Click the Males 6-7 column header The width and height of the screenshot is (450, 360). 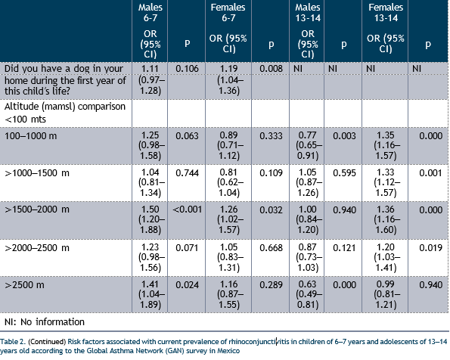tap(150, 13)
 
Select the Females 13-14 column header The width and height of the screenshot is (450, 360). tap(386, 13)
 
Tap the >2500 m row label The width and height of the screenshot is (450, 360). tap(24, 285)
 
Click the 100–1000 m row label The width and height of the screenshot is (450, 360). tap(30, 136)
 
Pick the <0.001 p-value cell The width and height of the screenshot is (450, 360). tap(187, 209)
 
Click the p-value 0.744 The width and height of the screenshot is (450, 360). tap(187, 173)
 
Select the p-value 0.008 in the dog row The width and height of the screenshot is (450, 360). tap(271, 69)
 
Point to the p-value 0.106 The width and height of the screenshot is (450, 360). tap(187, 69)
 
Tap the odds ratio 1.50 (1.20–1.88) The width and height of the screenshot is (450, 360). tap(151, 219)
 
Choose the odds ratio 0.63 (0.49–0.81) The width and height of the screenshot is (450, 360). tap(308, 294)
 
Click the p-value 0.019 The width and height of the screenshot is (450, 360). tap(430, 248)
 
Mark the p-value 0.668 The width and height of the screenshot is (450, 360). tap(271, 248)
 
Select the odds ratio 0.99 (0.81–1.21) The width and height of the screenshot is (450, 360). tap(386, 294)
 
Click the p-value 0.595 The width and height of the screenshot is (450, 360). tap(344, 173)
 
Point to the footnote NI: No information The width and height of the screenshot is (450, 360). tap(45, 322)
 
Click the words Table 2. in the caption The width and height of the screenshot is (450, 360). tap(13, 342)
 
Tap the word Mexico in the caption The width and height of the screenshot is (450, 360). tap(228, 351)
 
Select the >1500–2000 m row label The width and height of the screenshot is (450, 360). tap(37, 209)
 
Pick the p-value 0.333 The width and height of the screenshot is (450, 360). tap(271, 136)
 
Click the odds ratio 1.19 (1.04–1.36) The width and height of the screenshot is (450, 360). tap(228, 79)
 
